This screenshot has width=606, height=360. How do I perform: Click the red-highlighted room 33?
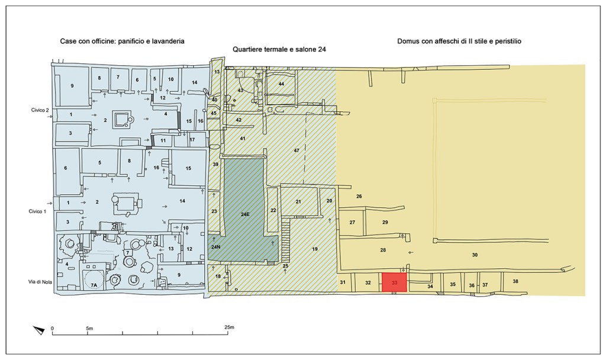coord(394,282)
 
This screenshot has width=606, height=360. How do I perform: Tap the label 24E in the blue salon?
coord(245,214)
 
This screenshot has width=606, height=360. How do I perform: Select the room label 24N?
coord(215,247)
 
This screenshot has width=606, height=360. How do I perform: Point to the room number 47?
coord(296,150)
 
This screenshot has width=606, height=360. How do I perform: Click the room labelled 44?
coord(281,84)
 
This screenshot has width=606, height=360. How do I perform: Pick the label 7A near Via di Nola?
coord(94,285)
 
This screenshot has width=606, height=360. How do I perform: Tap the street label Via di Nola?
coord(41,282)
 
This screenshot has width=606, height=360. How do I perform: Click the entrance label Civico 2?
coord(40,110)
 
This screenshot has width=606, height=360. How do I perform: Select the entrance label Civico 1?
coord(37,211)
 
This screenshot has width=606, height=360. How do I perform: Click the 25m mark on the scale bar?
coord(229,327)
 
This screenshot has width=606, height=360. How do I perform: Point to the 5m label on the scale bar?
coord(89,328)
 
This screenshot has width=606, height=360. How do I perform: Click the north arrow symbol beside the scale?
coord(39,330)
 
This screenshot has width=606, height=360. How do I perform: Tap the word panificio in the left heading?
coord(127,41)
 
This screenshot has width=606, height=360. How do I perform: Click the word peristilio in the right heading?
coord(507,41)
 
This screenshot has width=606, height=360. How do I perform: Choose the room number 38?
coord(515,281)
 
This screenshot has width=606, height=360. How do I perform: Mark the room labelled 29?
coord(385,223)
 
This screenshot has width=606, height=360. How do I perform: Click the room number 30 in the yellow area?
coord(475,255)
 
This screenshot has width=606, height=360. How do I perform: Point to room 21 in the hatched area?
coord(298,202)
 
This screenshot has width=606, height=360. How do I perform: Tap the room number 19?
coord(315,249)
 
